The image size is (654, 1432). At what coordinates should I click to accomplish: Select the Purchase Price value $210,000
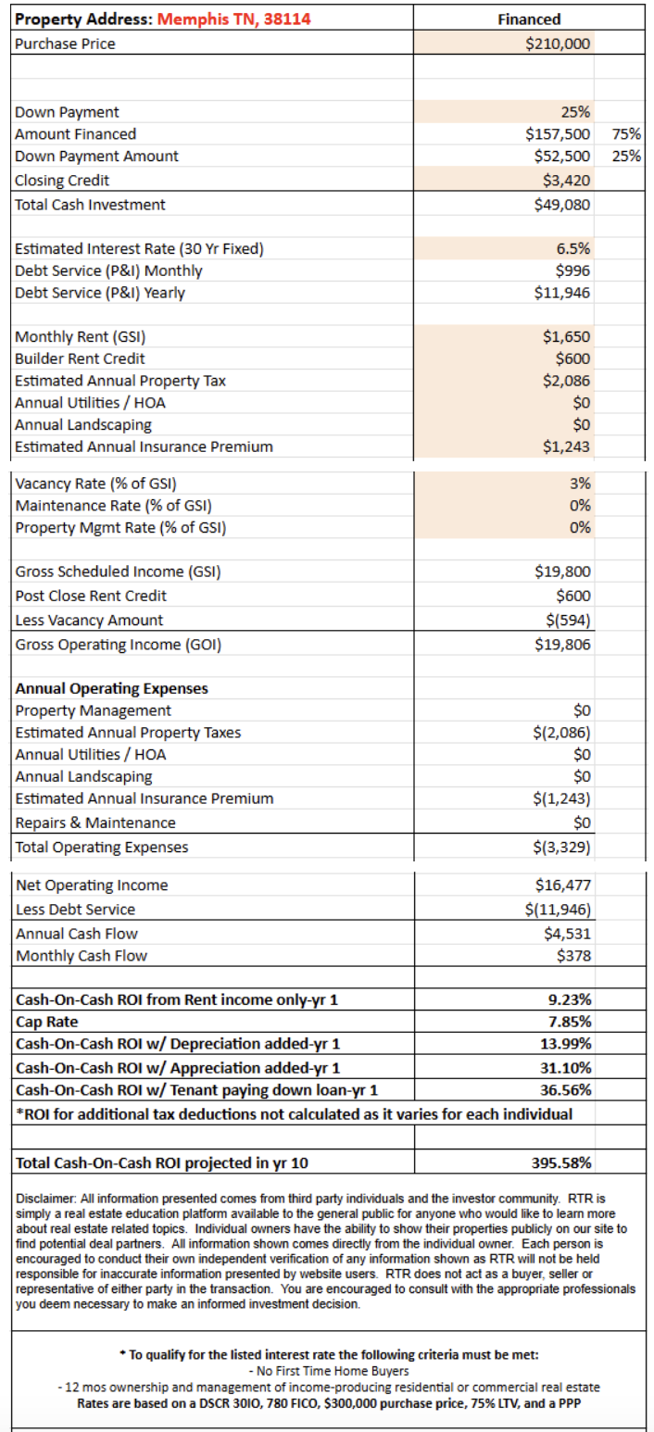click(x=558, y=44)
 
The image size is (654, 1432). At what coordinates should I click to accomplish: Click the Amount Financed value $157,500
click(x=558, y=134)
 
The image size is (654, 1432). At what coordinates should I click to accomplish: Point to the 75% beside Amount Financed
click(x=627, y=134)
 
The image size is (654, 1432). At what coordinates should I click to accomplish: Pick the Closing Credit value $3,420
click(x=565, y=180)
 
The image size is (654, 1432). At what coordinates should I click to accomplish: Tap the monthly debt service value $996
click(x=573, y=270)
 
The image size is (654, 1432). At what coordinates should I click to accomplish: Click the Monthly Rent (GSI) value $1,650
click(x=566, y=336)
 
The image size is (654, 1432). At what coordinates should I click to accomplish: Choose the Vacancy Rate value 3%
click(x=580, y=484)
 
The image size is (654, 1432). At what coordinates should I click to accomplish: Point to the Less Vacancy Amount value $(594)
click(x=566, y=621)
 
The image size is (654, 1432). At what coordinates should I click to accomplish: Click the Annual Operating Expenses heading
click(x=111, y=688)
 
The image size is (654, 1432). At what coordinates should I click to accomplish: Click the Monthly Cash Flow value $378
click(x=573, y=956)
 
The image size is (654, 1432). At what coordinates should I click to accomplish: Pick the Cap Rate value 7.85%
click(x=570, y=1022)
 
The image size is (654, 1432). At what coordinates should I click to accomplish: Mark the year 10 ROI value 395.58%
click(x=561, y=1163)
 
